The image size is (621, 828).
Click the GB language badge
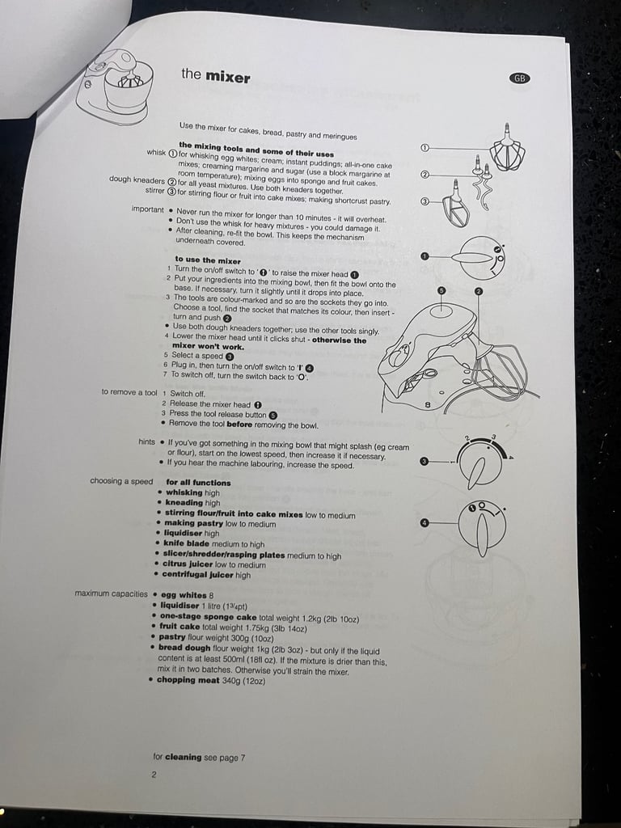(520, 78)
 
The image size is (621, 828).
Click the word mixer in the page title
(227, 77)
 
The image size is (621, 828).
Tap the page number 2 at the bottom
(154, 775)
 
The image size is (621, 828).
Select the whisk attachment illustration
(507, 148)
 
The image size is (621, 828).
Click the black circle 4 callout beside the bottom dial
(424, 523)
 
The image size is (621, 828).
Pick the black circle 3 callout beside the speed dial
(424, 461)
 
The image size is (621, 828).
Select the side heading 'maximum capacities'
(111, 594)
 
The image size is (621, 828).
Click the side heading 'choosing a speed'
(121, 481)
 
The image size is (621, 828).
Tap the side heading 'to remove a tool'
(129, 392)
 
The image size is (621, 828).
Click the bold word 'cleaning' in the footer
(184, 757)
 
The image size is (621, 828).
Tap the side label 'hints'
(147, 442)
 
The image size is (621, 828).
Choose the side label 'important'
(148, 209)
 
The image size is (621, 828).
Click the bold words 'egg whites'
(184, 595)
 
